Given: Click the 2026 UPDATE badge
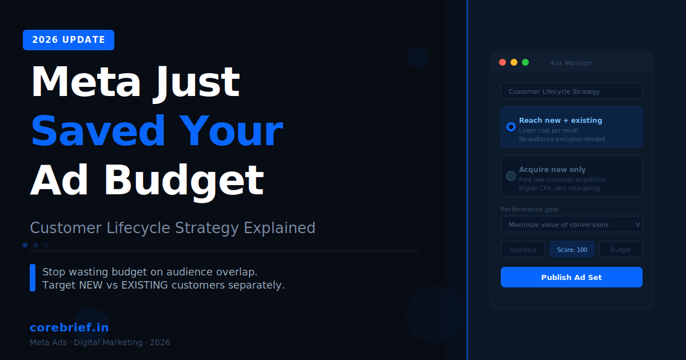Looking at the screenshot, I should [69, 40].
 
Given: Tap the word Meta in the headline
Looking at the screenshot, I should [85, 82].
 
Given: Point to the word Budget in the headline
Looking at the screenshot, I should [184, 181].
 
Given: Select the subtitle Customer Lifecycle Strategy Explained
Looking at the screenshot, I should [173, 228].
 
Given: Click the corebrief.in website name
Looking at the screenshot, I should [69, 327].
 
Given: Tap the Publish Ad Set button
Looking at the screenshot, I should [571, 277].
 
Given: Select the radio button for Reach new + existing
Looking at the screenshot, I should [511, 126].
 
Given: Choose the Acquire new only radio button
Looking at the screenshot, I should [511, 176].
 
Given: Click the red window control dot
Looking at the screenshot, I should [502, 62].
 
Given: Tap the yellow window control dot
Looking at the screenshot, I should [514, 62].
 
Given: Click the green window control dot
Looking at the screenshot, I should [525, 62].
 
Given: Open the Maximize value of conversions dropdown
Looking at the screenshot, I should [571, 225].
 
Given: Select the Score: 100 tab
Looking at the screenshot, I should [572, 250].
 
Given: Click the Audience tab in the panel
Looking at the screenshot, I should [523, 250].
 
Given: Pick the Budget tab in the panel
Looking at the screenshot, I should [621, 250].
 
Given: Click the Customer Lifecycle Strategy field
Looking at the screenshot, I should [571, 91].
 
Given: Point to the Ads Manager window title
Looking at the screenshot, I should [571, 63].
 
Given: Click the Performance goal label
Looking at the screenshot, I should [529, 209].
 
